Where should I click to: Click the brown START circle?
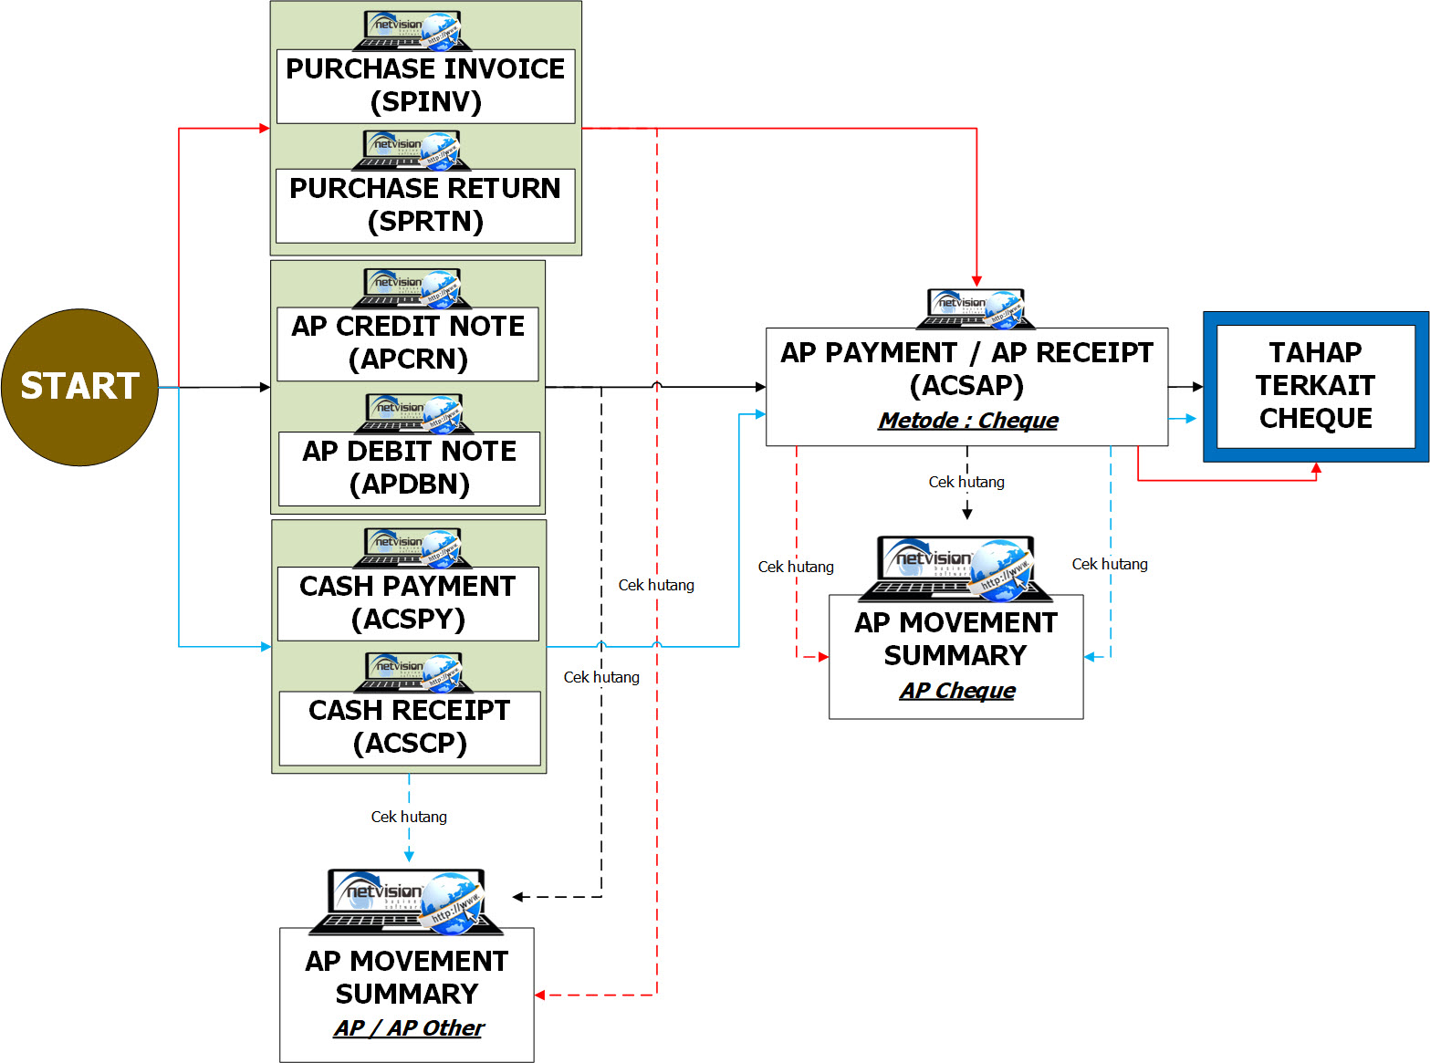point(79,387)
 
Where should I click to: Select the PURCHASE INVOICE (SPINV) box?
point(425,86)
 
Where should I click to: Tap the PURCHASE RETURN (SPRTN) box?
point(425,205)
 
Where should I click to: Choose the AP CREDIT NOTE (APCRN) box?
point(408,343)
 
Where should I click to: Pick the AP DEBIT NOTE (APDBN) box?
point(410,468)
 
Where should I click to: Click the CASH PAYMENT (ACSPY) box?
point(408,603)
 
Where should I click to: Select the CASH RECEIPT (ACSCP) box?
point(410,727)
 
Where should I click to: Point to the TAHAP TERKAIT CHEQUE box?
point(1315,386)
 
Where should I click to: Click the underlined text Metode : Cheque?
point(968,421)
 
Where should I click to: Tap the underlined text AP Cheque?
point(957,691)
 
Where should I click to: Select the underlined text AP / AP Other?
point(408,1028)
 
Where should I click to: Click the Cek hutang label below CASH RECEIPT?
point(409,817)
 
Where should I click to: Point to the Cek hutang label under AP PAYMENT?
point(966,482)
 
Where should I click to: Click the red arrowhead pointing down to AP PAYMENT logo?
point(976,281)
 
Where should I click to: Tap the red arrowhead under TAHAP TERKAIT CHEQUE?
point(1316,468)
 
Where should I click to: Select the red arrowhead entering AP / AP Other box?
point(540,995)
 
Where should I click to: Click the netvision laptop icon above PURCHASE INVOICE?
point(412,30)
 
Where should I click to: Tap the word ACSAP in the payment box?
point(967,386)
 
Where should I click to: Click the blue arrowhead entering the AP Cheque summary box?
point(1090,656)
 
